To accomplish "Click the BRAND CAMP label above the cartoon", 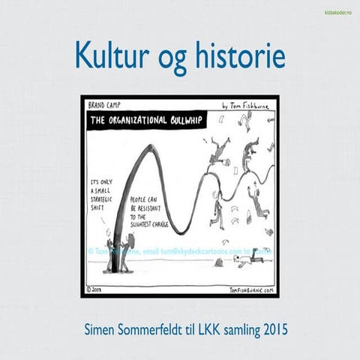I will point(105,106).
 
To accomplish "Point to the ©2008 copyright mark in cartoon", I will point(97,289).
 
